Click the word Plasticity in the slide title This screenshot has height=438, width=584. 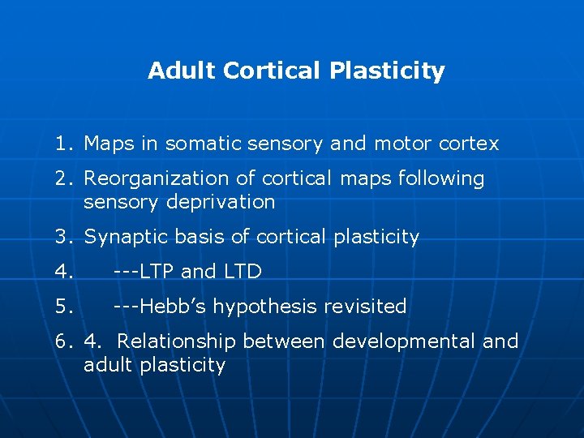[x=387, y=71]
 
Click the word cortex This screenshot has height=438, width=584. [x=469, y=144]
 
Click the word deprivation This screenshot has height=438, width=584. [x=221, y=201]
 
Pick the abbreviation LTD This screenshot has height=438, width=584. [x=242, y=272]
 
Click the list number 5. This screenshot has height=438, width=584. [x=63, y=307]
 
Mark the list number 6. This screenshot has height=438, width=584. [x=63, y=341]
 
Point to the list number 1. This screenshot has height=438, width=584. [x=63, y=144]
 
